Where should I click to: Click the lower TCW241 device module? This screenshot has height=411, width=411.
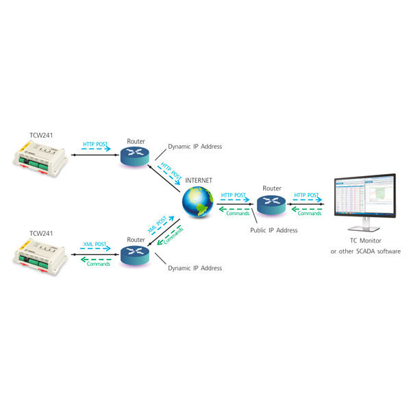point(40,259)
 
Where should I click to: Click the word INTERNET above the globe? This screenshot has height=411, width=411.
point(199,181)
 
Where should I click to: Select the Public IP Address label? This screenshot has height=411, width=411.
point(273,230)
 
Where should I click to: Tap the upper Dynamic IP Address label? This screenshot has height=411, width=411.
point(195,147)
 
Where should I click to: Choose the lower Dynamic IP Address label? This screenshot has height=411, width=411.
point(195,268)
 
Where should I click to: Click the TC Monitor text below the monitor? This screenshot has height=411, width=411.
point(365,242)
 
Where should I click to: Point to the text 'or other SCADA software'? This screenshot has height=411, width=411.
point(365,252)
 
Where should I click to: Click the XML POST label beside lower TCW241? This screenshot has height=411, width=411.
point(95,245)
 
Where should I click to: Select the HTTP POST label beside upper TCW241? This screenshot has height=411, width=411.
point(95,145)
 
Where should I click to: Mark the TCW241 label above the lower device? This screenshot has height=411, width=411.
point(41,234)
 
